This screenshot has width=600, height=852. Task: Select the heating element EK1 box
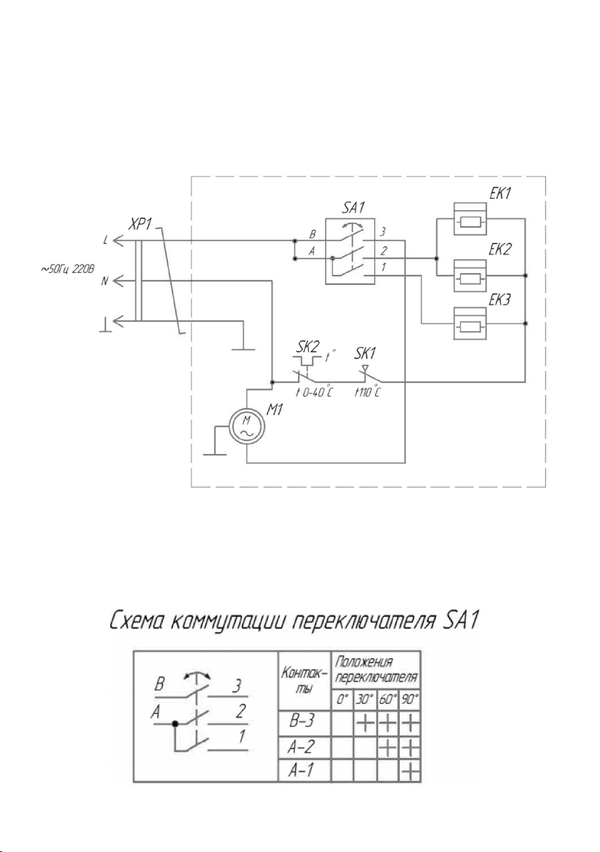pyautogui.click(x=470, y=219)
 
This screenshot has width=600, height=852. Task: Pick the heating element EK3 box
pyautogui.click(x=470, y=323)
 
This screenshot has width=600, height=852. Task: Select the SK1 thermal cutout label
pyautogui.click(x=365, y=354)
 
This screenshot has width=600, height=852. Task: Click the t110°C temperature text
pyautogui.click(x=367, y=392)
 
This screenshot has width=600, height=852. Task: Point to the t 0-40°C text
pyautogui.click(x=314, y=392)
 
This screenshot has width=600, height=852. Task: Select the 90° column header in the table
pyautogui.click(x=410, y=699)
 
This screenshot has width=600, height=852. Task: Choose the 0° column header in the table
pyautogui.click(x=342, y=699)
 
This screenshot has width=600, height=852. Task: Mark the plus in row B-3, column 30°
pyautogui.click(x=365, y=724)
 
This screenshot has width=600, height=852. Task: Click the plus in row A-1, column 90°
pyautogui.click(x=411, y=771)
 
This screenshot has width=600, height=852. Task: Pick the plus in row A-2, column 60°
pyautogui.click(x=388, y=748)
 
